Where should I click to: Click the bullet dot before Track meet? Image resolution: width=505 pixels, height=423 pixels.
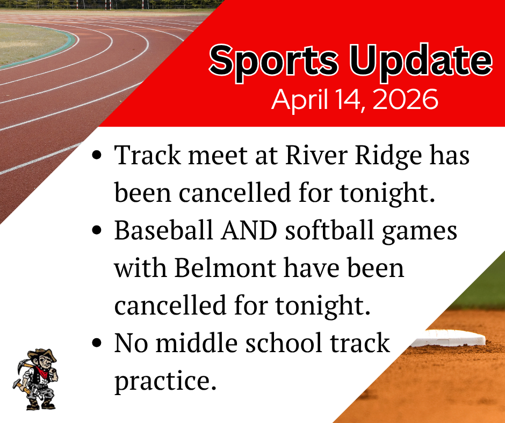(x=98, y=157)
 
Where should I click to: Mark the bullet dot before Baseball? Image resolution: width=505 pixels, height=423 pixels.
(x=98, y=231)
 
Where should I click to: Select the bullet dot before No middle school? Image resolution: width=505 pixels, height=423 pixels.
(x=98, y=343)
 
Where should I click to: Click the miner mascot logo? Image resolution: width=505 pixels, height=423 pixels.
(x=34, y=379)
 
